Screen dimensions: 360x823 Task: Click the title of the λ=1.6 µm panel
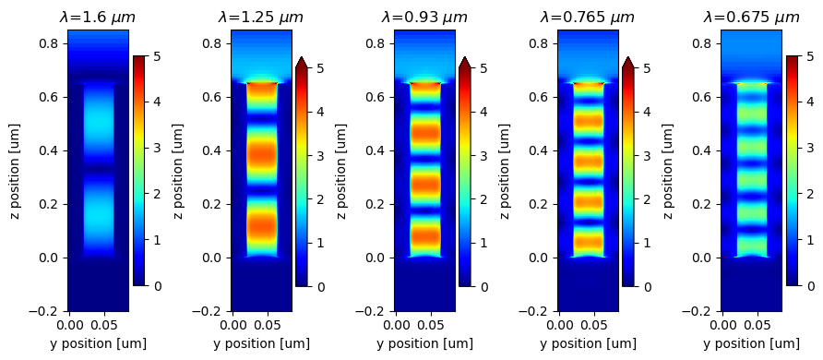coord(97,17)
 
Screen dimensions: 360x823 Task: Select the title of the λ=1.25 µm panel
coord(261,17)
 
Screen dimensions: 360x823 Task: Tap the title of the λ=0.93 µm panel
coord(424,17)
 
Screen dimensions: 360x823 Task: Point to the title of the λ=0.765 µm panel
coord(588,17)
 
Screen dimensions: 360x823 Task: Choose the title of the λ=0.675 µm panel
coord(751,17)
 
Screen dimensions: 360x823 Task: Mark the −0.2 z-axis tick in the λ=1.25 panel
coord(210,312)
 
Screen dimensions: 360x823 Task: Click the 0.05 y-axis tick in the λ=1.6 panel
coord(104,325)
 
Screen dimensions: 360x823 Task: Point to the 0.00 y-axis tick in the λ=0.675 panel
coord(724,325)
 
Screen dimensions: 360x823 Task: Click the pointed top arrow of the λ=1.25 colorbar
coord(302,62)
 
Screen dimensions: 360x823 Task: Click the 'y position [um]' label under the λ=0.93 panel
coord(424,344)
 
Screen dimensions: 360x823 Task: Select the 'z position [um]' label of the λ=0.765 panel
coord(505,171)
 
